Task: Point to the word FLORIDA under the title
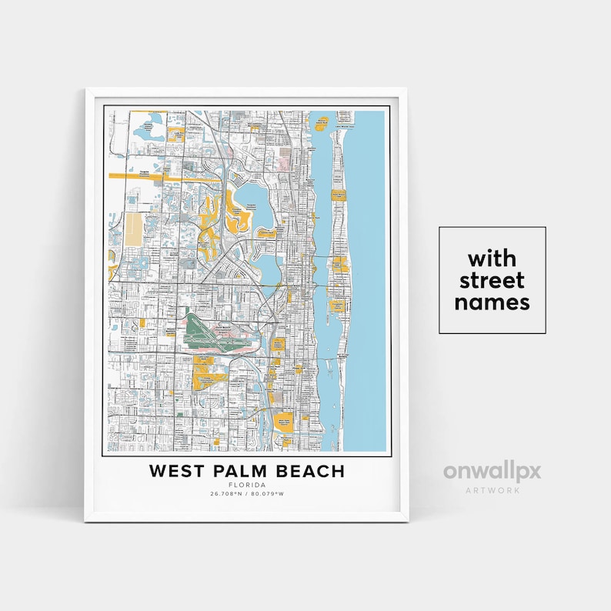pyautogui.click(x=246, y=485)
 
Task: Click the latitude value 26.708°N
pyautogui.click(x=225, y=493)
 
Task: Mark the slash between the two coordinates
pyautogui.click(x=246, y=493)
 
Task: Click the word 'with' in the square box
pyautogui.click(x=492, y=257)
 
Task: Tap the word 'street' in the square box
pyautogui.click(x=492, y=279)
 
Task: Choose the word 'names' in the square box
pyautogui.click(x=492, y=302)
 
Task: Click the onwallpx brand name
pyautogui.click(x=492, y=471)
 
